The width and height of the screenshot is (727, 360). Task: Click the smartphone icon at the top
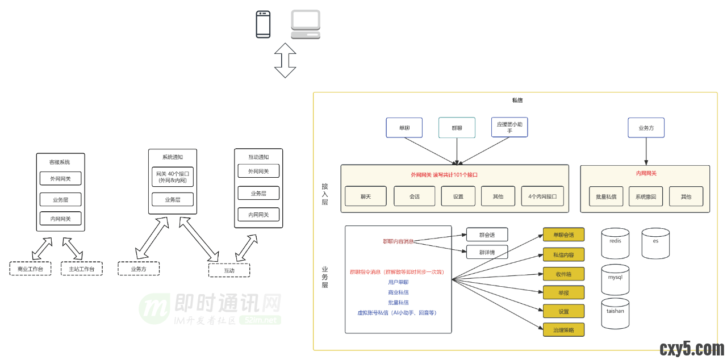(x=263, y=24)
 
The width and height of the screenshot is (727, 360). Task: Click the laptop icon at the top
(x=306, y=24)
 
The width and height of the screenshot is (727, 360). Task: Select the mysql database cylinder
(x=615, y=279)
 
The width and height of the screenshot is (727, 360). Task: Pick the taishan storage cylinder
(x=615, y=313)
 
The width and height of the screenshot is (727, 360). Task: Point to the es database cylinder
(x=655, y=243)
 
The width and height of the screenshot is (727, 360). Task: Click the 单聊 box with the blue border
(x=404, y=128)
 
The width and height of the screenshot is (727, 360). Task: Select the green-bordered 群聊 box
(x=457, y=128)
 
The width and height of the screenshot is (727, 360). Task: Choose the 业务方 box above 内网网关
(x=646, y=128)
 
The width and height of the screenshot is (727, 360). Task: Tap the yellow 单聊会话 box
(x=563, y=235)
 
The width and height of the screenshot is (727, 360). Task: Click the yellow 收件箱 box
(x=563, y=274)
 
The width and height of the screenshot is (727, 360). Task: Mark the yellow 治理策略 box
(x=563, y=329)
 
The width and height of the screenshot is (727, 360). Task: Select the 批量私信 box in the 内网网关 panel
(x=607, y=196)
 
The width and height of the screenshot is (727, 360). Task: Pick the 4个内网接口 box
(x=543, y=196)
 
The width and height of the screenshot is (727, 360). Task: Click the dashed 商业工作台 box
(x=31, y=269)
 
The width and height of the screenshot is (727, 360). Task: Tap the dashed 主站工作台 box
(x=82, y=269)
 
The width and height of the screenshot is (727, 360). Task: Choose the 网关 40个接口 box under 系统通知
(x=173, y=177)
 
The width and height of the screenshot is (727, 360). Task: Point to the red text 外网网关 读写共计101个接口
(x=444, y=175)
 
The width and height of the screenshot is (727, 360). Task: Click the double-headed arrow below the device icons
(x=285, y=60)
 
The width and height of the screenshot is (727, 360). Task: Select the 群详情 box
(x=487, y=252)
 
